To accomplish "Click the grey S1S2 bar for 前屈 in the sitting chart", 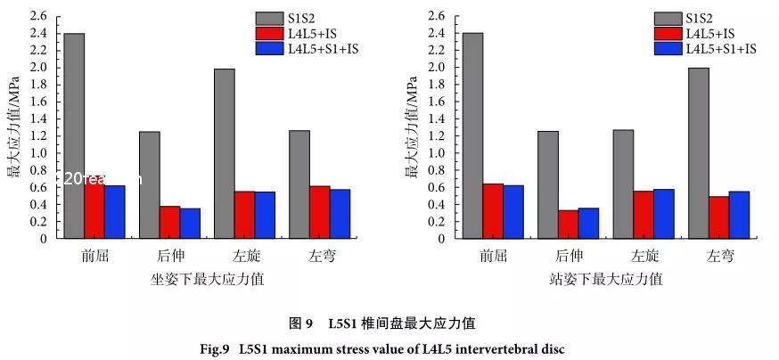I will pos(74,135).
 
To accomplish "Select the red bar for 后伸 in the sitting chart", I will pos(170,222).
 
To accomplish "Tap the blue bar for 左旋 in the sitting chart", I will pos(266,215).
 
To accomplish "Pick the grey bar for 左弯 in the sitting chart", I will pos(299,184).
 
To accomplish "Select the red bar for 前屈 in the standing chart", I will pos(493,211).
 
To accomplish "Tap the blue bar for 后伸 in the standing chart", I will pos(588,223).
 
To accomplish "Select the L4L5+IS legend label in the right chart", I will pos(712,34).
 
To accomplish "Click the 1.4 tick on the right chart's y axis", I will pos(437,119).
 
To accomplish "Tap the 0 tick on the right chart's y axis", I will pos(442,239).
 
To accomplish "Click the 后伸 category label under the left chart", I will pos(169,256).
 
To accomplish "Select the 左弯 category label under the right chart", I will pos(720,256).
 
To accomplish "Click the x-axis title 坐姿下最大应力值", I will pos(207,279).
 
